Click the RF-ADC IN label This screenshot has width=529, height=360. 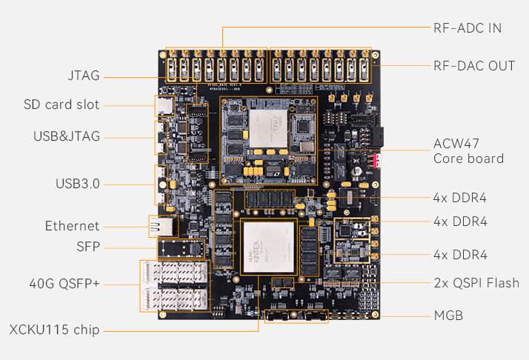(468, 28)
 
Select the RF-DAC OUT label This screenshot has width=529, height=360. (474, 66)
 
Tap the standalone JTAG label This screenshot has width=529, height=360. (81, 76)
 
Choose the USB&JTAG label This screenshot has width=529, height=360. (67, 136)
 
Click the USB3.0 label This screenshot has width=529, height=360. (78, 184)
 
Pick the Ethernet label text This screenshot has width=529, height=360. (72, 226)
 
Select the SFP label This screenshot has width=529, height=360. (88, 247)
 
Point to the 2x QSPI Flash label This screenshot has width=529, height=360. (476, 283)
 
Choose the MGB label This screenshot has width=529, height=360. (448, 316)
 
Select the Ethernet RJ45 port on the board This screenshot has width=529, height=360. (159, 227)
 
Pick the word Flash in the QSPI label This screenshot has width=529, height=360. (502, 283)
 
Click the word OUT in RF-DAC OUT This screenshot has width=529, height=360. (502, 66)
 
